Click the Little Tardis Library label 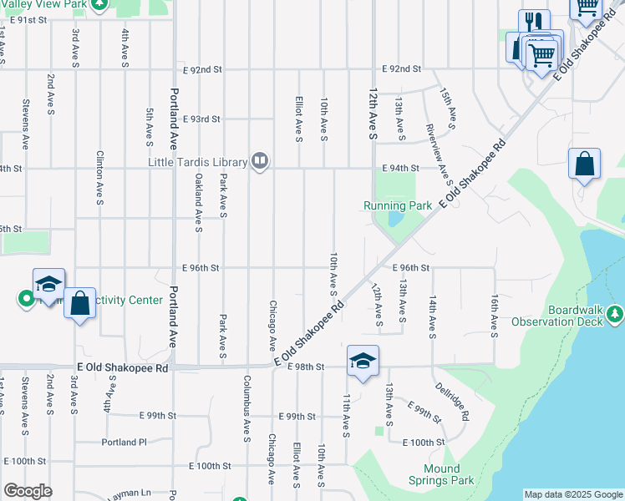tap(198, 162)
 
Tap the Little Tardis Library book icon tap(260, 161)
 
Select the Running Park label tap(398, 205)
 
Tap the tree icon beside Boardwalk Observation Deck tap(616, 314)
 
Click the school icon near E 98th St tap(363, 362)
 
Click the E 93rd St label tap(201, 119)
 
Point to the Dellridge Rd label tap(452, 401)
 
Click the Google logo tap(28, 491)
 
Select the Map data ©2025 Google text tap(572, 494)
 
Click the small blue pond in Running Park tap(394, 220)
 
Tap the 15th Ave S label tap(450, 108)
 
